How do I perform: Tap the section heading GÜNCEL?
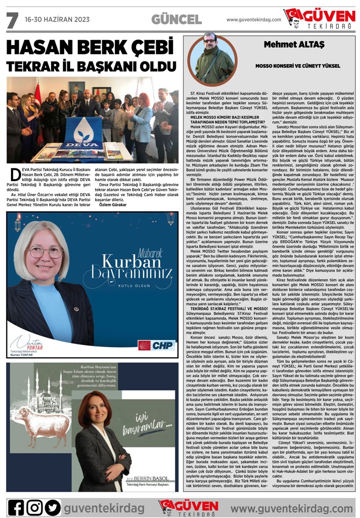click(176, 20)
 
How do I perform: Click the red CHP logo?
click(157, 345)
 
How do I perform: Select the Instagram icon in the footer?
click(34, 507)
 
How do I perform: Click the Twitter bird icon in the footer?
click(53, 507)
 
